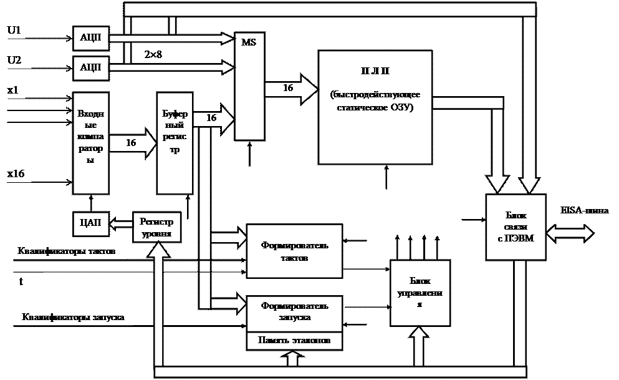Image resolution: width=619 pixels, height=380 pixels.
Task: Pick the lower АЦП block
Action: tap(91, 67)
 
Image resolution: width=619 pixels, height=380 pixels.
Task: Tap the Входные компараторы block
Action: tap(91, 143)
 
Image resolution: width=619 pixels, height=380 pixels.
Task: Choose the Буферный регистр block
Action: tap(174, 143)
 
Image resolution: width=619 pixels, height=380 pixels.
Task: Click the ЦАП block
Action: tap(91, 222)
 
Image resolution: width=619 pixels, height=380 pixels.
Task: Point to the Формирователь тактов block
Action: tap(294, 250)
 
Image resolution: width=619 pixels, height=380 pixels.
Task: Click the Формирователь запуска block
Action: tap(294, 311)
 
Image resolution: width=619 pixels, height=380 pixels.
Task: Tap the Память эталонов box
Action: tap(294, 341)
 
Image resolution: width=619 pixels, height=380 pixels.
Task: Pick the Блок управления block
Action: tap(420, 293)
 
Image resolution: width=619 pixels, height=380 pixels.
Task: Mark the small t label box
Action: tap(27, 282)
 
